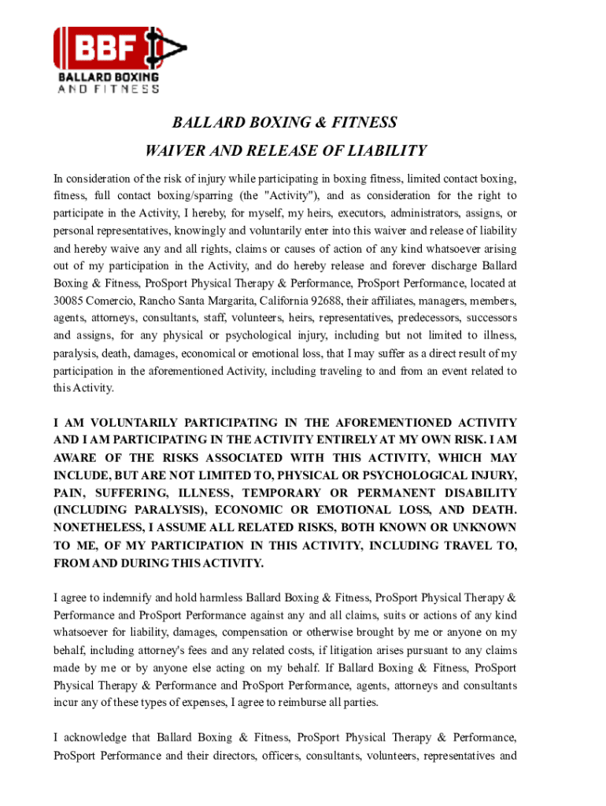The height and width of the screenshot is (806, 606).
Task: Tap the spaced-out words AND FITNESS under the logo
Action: tap(109, 89)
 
